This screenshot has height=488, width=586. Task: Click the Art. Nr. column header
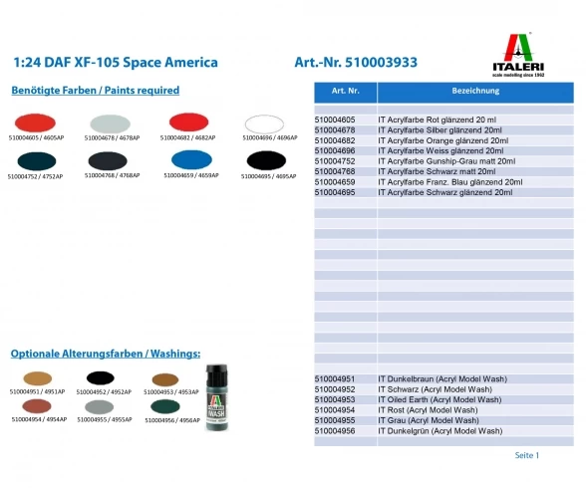point(345,91)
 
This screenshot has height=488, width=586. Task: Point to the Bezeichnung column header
point(474,91)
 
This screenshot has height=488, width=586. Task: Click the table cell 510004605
point(335,120)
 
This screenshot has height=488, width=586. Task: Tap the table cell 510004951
point(335,379)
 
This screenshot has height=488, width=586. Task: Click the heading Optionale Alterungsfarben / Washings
point(106,354)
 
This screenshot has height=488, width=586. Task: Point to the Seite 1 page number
point(526,455)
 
